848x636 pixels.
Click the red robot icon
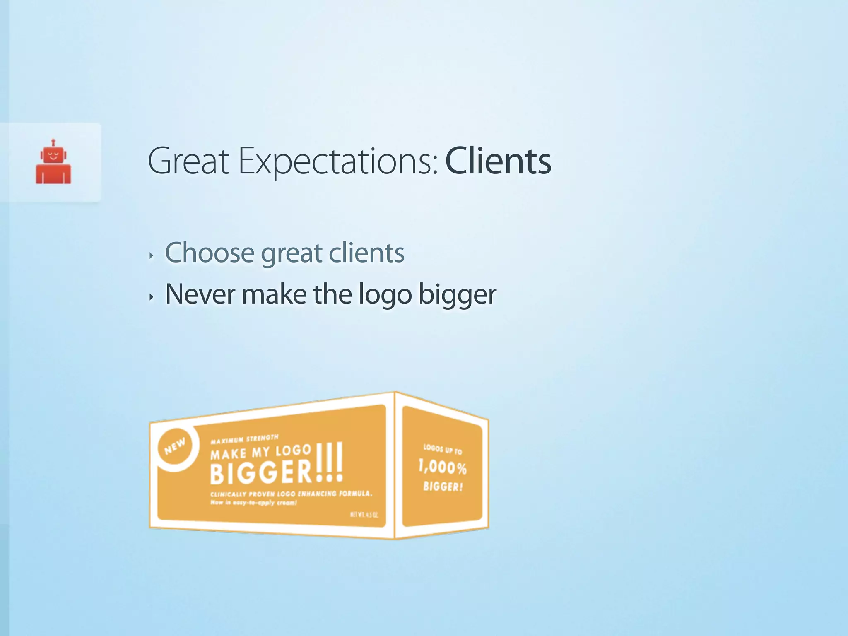coord(53,163)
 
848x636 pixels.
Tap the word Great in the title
coord(188,161)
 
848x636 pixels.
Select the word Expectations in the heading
coord(338,161)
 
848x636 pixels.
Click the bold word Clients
coord(498,161)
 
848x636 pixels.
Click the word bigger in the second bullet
coord(457,295)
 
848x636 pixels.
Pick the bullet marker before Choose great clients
coord(152,255)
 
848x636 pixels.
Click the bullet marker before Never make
coord(152,297)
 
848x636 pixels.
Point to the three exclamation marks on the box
coord(330,463)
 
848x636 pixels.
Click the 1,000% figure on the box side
coord(442,467)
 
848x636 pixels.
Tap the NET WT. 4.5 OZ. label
coord(364,515)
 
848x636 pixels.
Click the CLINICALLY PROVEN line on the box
coord(291,494)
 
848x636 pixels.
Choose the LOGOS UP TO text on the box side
coord(442,449)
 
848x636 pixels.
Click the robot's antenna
coord(53,143)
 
